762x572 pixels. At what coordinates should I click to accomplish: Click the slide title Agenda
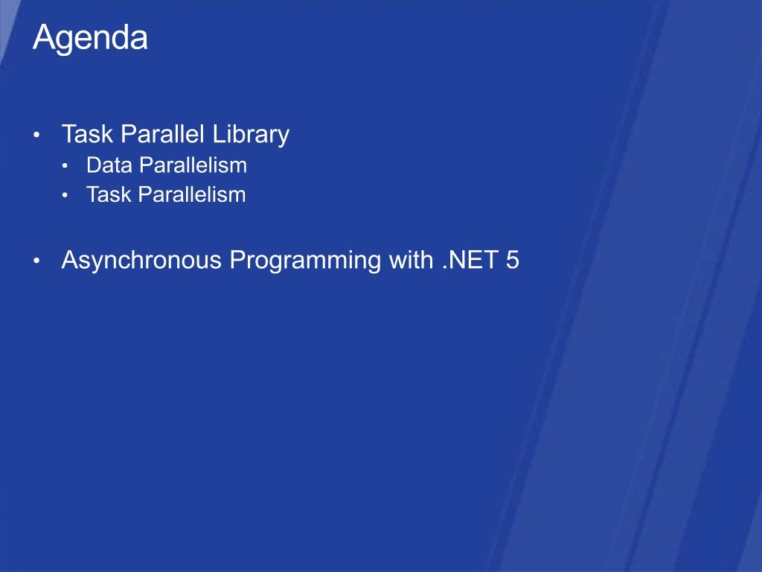point(90,38)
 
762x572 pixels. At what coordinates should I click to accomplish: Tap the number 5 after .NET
point(512,261)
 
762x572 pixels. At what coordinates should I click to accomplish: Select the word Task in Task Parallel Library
point(86,135)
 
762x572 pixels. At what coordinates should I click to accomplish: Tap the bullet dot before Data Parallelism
point(65,166)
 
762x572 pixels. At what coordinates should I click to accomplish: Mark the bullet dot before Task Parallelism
point(65,196)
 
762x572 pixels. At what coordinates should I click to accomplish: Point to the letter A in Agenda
point(42,38)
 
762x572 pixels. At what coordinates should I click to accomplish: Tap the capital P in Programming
point(237,261)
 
